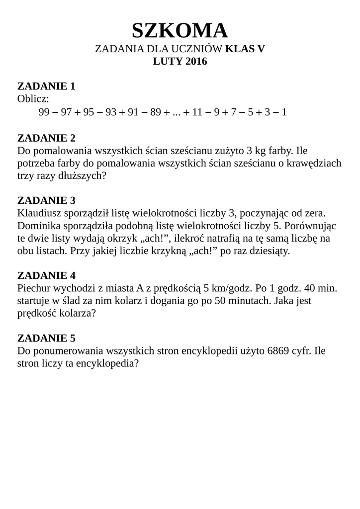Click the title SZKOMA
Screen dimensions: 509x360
(x=180, y=31)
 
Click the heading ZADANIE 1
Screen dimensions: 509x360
(x=46, y=86)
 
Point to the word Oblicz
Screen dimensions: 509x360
(x=33, y=99)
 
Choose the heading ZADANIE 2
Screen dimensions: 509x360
(x=46, y=137)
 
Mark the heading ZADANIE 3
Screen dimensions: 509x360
(x=46, y=201)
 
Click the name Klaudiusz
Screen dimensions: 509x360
(x=39, y=214)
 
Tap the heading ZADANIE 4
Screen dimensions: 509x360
(x=46, y=275)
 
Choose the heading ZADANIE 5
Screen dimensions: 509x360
(x=46, y=339)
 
